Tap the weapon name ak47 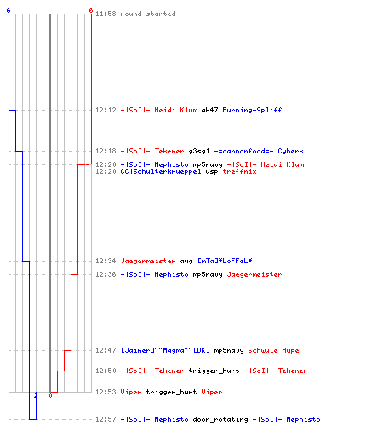[209, 110]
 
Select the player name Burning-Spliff [252, 110]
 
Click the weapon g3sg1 [199, 151]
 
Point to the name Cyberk [290, 151]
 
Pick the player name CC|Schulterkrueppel [161, 171]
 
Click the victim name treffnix [239, 171]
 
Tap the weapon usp [212, 172]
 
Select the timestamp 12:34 [106, 261]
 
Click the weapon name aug [186, 262]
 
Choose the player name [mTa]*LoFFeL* [225, 261]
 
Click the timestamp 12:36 [106, 274]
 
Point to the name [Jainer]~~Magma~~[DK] [165, 350]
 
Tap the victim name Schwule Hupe [273, 350]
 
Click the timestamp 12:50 [106, 371]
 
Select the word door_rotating [220, 419]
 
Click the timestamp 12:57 [106, 419]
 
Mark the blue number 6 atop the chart [9, 10]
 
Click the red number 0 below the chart [50, 395]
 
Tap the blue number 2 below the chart [36, 395]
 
